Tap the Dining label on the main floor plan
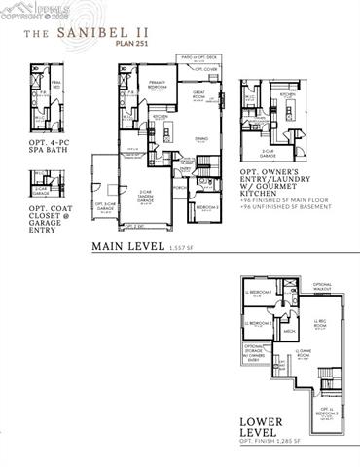[201, 140]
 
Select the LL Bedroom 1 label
[260, 292]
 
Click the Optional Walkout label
[322, 286]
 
